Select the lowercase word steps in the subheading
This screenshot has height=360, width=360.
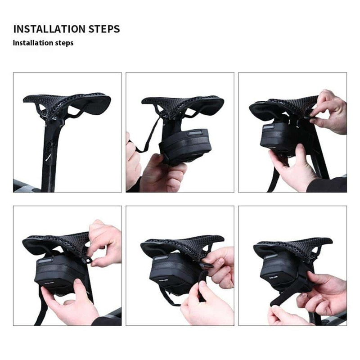click(x=64, y=43)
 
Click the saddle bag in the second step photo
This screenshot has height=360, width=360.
click(x=185, y=145)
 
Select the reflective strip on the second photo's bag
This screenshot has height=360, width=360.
click(x=195, y=133)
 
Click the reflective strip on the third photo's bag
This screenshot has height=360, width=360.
click(x=269, y=127)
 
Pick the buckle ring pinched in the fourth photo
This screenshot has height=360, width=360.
click(x=87, y=261)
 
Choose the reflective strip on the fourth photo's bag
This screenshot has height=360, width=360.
click(x=46, y=261)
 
